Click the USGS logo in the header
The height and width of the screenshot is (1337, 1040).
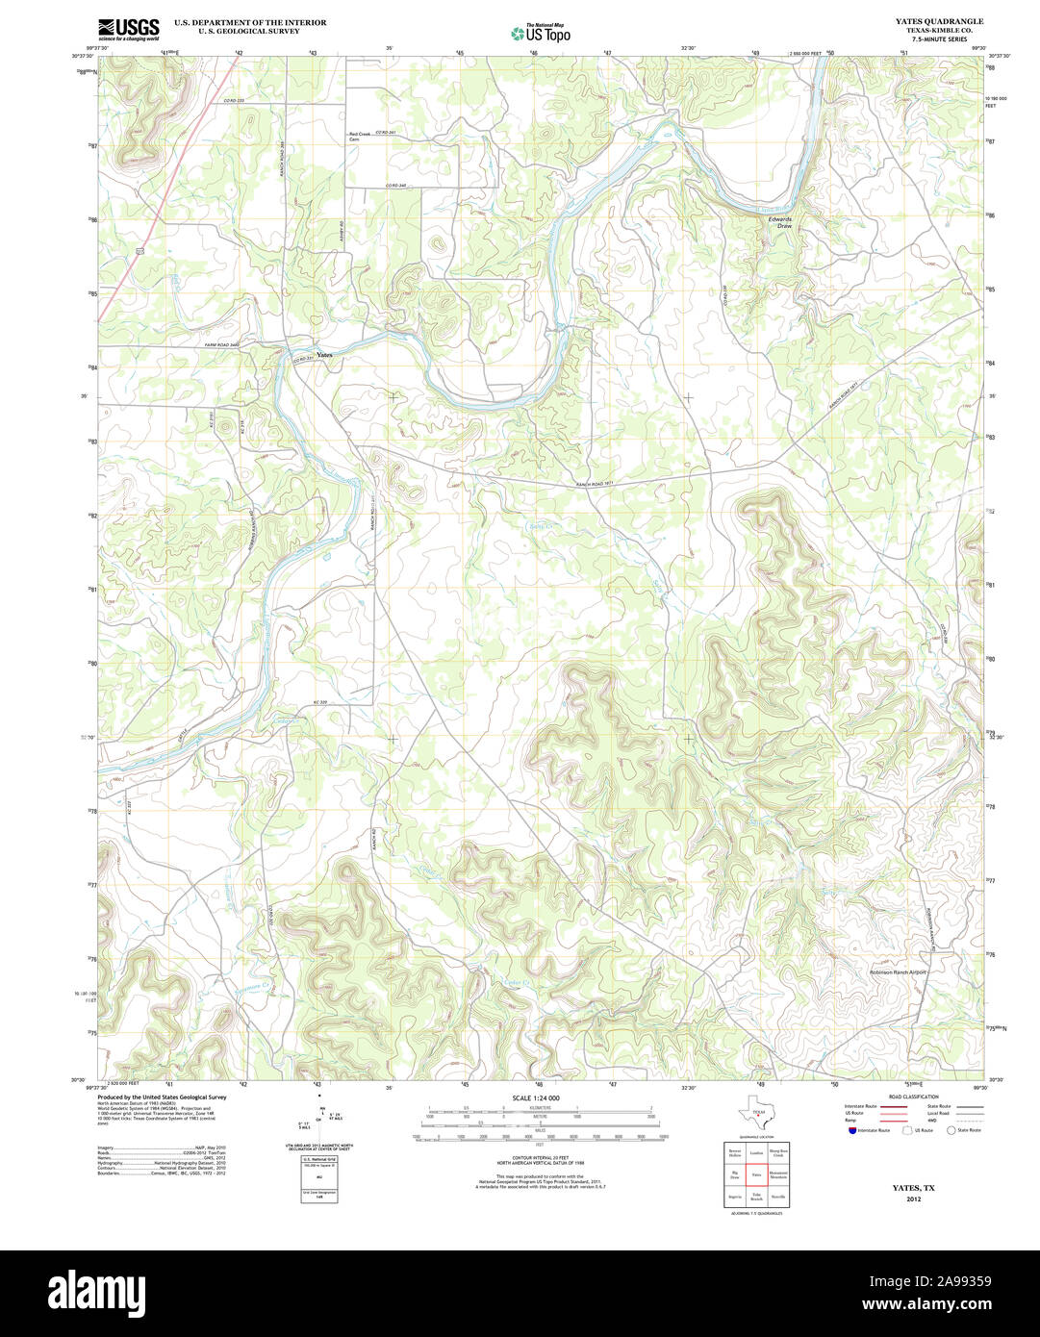pos(128,29)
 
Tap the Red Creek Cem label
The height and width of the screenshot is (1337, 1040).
pos(359,137)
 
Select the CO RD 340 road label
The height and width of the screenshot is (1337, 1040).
pos(395,185)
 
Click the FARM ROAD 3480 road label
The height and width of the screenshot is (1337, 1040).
pos(221,344)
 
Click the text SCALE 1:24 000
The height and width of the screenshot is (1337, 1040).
pos(536,1097)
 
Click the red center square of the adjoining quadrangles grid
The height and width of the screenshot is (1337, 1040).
pos(756,1175)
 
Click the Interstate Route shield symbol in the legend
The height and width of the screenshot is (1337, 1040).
pos(850,1130)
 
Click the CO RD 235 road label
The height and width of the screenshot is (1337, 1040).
pos(235,100)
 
